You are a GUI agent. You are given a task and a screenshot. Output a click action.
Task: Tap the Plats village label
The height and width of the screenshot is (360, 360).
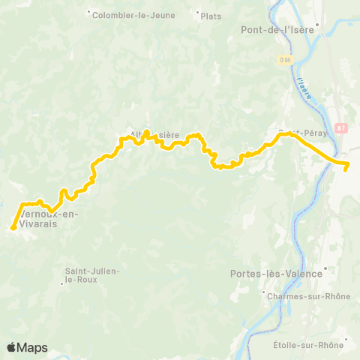click(211, 13)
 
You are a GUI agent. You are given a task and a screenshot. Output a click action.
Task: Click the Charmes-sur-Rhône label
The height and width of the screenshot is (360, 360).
click(309, 296)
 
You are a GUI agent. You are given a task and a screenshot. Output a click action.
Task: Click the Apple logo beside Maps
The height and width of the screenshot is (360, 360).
click(11, 347)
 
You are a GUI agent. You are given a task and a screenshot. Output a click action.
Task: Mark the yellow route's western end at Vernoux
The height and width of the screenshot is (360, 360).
click(13, 227)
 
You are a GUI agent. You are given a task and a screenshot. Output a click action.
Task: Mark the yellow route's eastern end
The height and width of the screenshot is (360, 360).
click(346, 169)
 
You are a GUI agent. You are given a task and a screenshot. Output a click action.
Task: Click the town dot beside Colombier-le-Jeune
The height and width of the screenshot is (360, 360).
click(88, 13)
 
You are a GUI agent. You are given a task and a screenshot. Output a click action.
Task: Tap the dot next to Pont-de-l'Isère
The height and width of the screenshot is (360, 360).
click(318, 24)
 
